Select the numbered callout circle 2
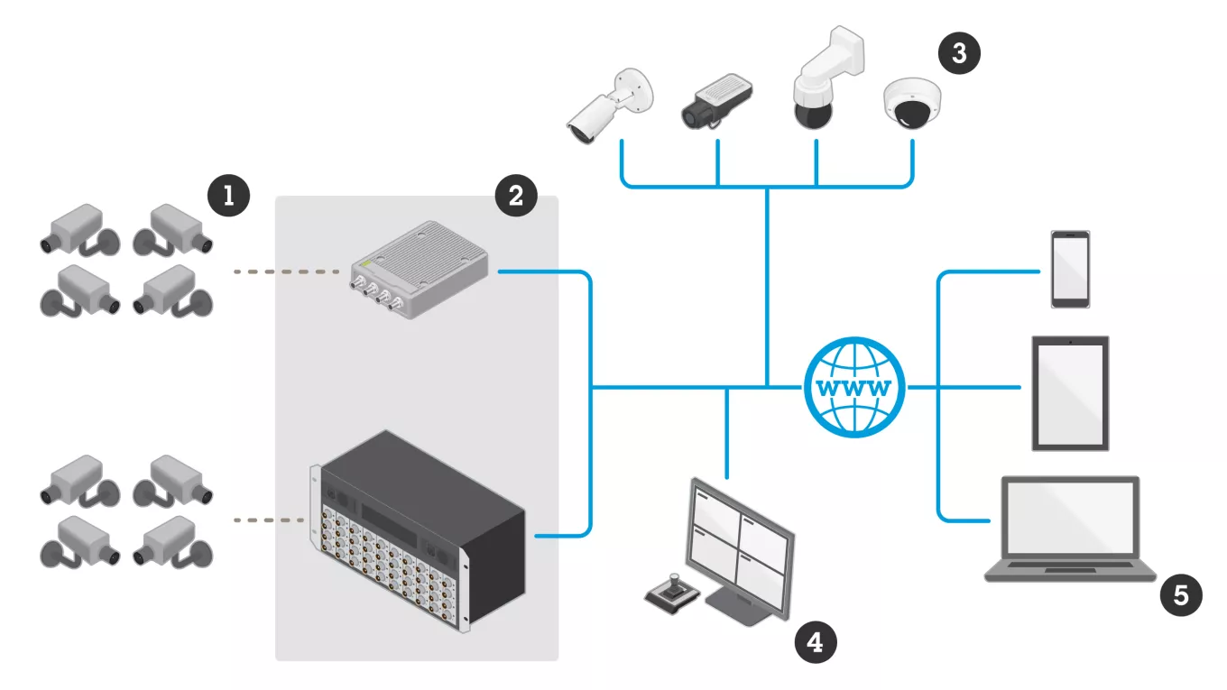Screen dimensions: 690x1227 (x=515, y=195)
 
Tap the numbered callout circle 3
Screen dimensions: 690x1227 (x=957, y=53)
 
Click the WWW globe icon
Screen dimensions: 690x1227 (x=853, y=386)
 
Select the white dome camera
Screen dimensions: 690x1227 (x=911, y=101)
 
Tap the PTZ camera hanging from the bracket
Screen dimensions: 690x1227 (x=816, y=90)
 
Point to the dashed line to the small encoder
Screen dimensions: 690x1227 (x=291, y=271)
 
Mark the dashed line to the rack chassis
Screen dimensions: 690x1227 (x=268, y=520)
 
